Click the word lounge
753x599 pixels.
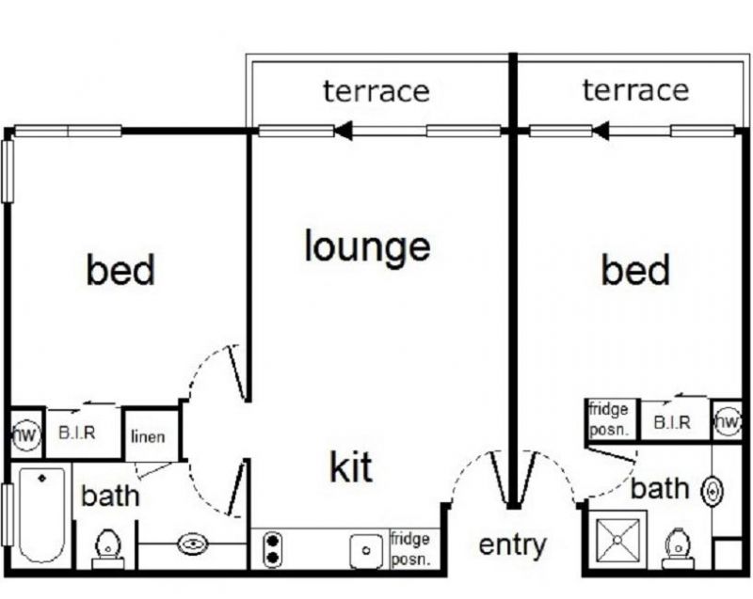367,246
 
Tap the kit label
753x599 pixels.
351,466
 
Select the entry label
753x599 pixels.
512,544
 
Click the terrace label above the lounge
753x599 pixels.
376,91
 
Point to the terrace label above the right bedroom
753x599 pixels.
635,90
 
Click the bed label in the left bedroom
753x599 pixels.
120,270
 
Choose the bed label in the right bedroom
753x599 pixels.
636,271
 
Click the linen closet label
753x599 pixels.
149,437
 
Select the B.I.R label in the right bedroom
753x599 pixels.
672,423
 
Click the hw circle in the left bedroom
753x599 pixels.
24,433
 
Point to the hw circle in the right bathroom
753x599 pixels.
726,422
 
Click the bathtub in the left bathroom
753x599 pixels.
40,514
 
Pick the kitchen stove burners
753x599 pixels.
272,548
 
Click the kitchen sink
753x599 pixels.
362,549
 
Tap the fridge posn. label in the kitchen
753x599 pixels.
410,549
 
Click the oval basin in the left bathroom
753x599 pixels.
193,543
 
